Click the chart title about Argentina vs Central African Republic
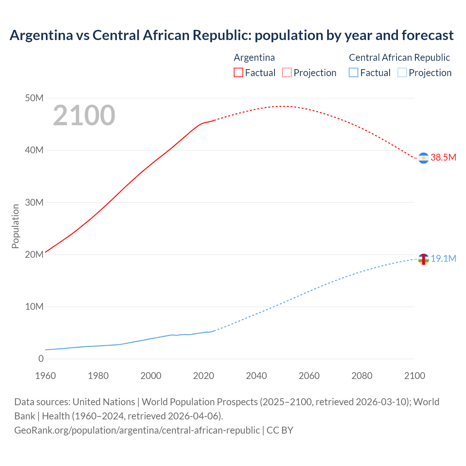(x=232, y=35)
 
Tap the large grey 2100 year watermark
(x=84, y=115)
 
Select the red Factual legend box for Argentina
(x=238, y=72)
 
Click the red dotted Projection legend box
(x=287, y=72)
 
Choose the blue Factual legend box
(x=354, y=72)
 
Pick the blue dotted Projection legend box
(x=402, y=72)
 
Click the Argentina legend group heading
(x=254, y=58)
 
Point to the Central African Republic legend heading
(x=399, y=58)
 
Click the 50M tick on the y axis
(x=34, y=98)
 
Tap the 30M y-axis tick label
(x=34, y=202)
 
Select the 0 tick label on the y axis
(x=41, y=359)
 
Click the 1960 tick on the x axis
(x=46, y=376)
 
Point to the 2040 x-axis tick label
(x=256, y=376)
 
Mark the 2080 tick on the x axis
(x=362, y=376)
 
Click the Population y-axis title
(x=15, y=226)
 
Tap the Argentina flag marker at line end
(x=423, y=158)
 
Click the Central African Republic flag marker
(x=423, y=259)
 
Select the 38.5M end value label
(x=443, y=157)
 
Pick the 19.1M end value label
(x=443, y=258)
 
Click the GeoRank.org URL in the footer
(x=137, y=430)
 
